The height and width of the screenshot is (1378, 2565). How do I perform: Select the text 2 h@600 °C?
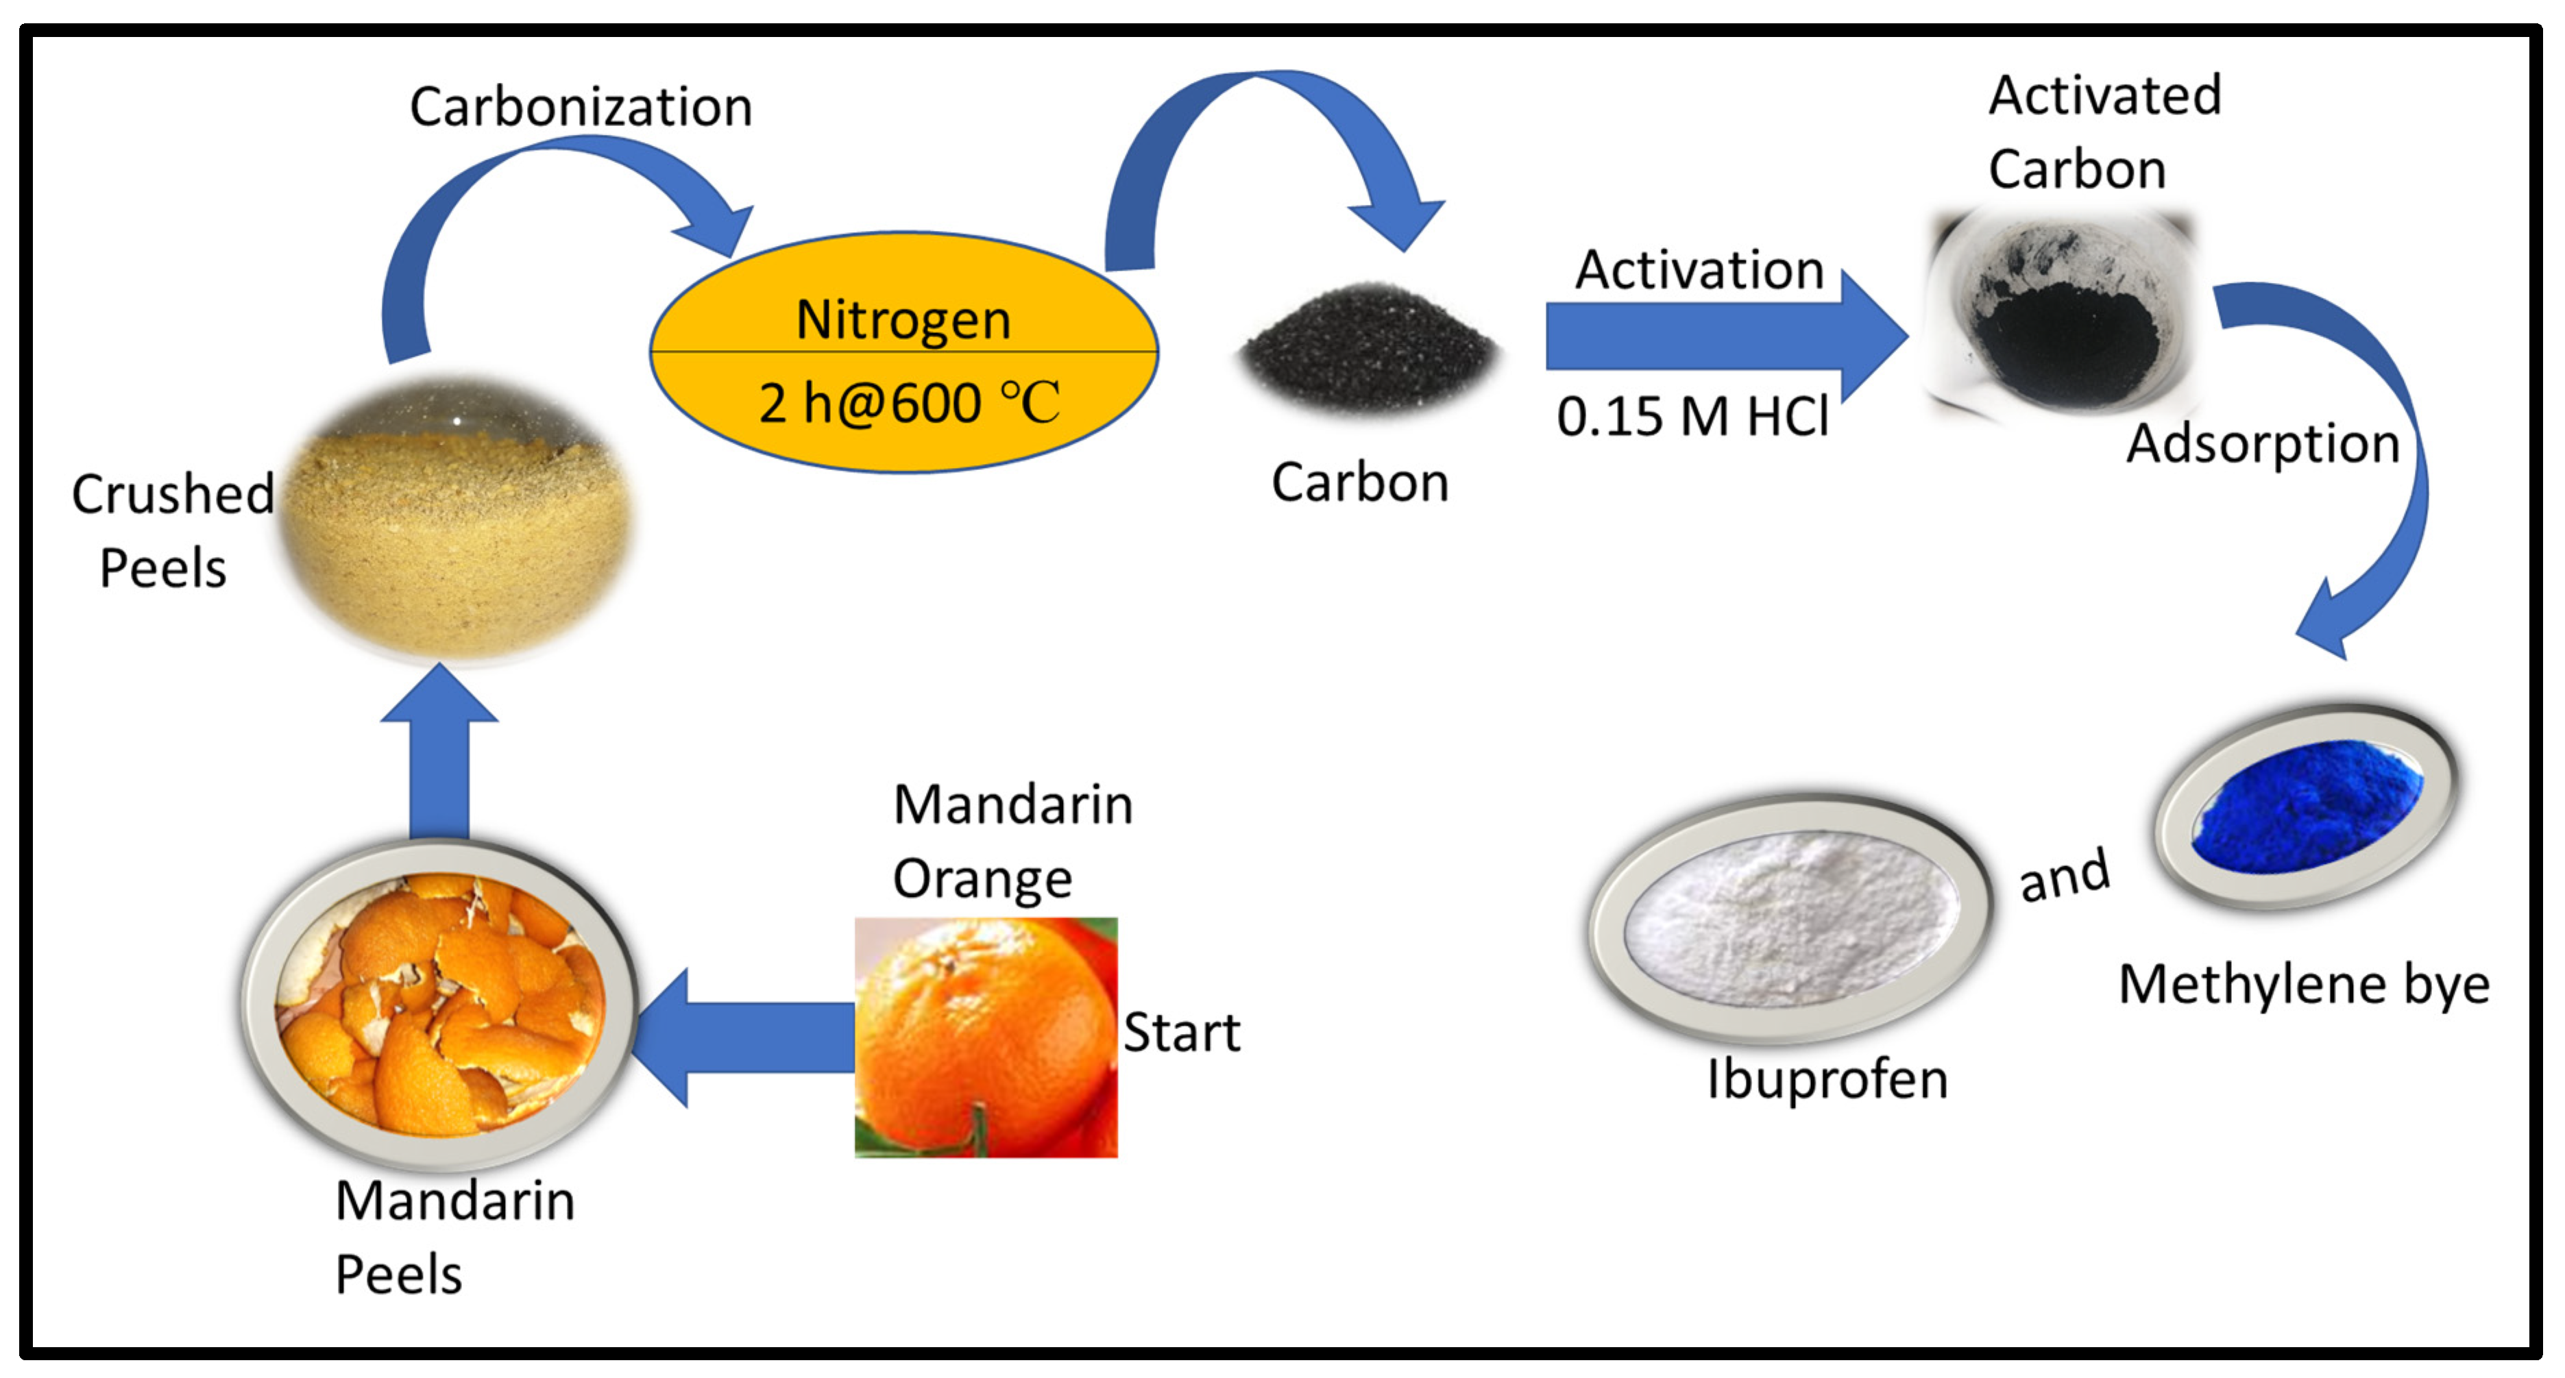tap(908, 403)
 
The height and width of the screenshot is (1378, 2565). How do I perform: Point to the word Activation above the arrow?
tap(1699, 270)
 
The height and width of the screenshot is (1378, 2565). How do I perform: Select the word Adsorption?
tap(2262, 443)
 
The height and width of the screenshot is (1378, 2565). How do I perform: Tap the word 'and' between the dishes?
tap(2064, 876)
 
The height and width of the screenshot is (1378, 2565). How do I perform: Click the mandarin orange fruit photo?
tap(986, 1037)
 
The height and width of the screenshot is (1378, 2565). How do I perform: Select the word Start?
tap(1182, 1033)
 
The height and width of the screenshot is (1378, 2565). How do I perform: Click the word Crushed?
tap(172, 494)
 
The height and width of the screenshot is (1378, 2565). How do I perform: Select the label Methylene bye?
tap(2303, 985)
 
